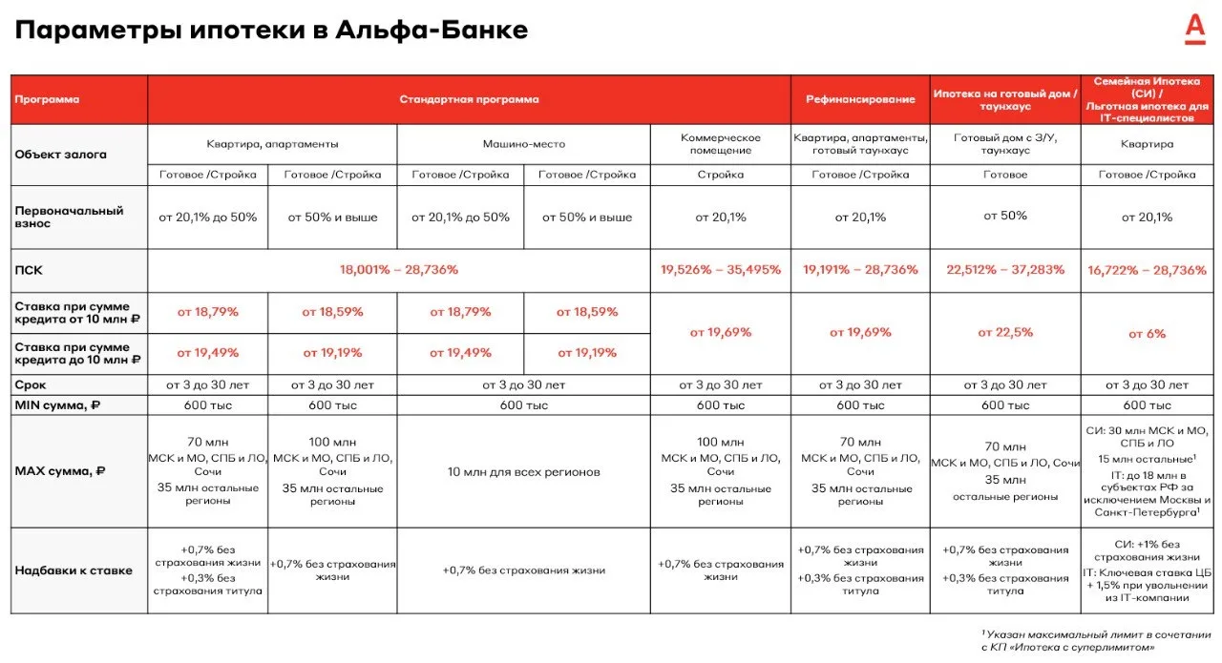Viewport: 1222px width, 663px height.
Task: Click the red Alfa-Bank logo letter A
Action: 1194,29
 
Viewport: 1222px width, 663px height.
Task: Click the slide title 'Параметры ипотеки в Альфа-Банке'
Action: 271,31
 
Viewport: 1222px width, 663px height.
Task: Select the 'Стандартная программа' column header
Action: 469,99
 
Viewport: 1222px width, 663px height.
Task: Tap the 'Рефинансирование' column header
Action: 860,99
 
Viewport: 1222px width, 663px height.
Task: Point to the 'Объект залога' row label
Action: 61,155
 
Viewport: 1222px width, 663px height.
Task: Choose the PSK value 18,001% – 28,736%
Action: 399,270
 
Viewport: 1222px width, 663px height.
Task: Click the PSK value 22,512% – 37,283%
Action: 1005,270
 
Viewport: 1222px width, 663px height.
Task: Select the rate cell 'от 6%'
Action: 1147,334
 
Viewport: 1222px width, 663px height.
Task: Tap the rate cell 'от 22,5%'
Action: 1005,333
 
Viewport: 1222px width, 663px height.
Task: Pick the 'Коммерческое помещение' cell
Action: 721,144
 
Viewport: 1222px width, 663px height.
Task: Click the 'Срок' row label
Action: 31,385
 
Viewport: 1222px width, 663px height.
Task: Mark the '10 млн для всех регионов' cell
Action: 523,471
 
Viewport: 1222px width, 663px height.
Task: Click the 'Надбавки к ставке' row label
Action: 74,570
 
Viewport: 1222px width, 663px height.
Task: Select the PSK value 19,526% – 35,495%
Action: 721,270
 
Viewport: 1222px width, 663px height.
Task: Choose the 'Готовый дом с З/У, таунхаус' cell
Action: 1005,144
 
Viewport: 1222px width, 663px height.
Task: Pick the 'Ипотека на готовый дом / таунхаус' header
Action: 1005,99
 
